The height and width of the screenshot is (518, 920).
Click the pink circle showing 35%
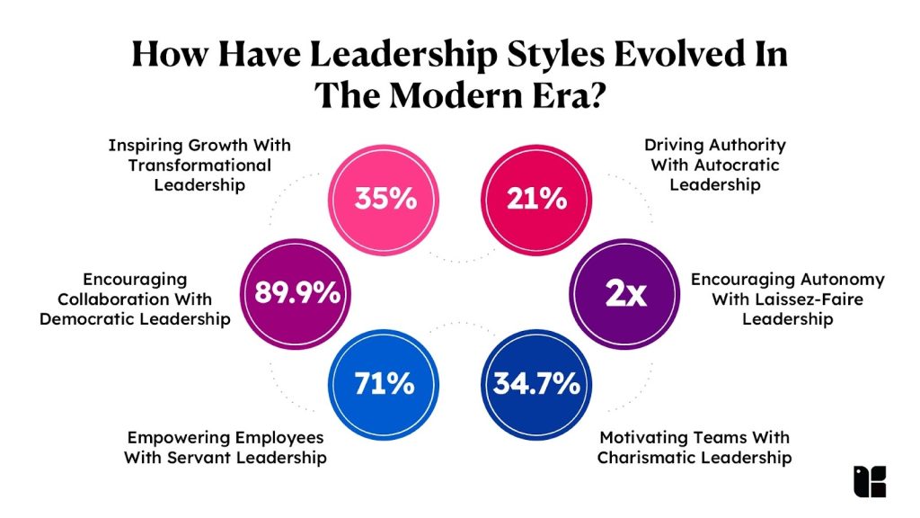pos(385,198)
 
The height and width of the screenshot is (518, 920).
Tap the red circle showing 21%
pos(535,198)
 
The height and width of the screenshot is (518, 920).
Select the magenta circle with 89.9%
pos(297,292)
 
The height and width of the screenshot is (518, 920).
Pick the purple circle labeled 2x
pos(624,292)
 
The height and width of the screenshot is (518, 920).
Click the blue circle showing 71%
pos(385,384)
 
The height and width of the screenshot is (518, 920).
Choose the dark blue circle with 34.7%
pos(535,384)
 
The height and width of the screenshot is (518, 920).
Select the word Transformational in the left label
pos(199,165)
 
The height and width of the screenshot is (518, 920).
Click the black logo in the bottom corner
pos(869,481)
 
